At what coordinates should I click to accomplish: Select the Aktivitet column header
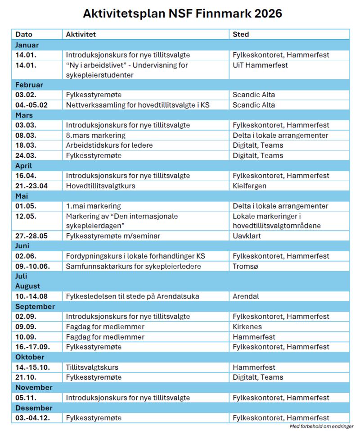[x=81, y=34]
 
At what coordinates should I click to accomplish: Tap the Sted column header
[x=241, y=34]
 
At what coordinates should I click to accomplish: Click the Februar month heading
[x=29, y=85]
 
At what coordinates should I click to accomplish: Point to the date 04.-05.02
[x=31, y=105]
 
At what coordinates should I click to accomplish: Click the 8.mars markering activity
[x=95, y=135]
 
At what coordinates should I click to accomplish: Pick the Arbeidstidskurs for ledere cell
[x=109, y=145]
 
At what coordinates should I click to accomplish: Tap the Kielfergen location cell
[x=249, y=186]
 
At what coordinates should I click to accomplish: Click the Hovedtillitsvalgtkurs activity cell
[x=100, y=186]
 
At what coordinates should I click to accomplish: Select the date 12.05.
[x=26, y=216]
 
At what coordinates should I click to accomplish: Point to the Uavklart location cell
[x=247, y=236]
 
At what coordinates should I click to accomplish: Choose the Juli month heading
[x=21, y=276]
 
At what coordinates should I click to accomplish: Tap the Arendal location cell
[x=246, y=296]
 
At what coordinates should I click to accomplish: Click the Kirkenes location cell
[x=247, y=327]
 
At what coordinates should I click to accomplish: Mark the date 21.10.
[x=26, y=377]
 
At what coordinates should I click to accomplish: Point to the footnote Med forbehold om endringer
[x=321, y=426]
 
